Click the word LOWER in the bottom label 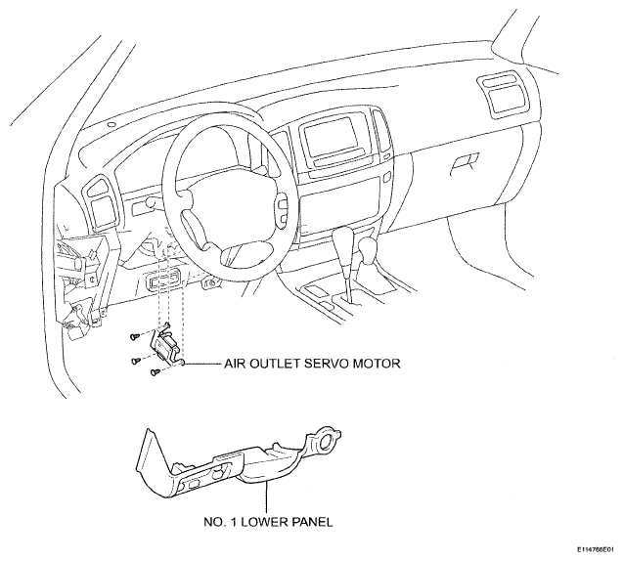[265, 522]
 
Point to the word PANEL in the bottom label [313, 522]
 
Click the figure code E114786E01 [598, 550]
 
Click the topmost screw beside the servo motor [135, 337]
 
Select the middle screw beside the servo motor [136, 361]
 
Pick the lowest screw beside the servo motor [156, 372]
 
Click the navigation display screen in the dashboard [331, 136]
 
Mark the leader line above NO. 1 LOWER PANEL [266, 497]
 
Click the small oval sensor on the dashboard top [111, 124]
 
